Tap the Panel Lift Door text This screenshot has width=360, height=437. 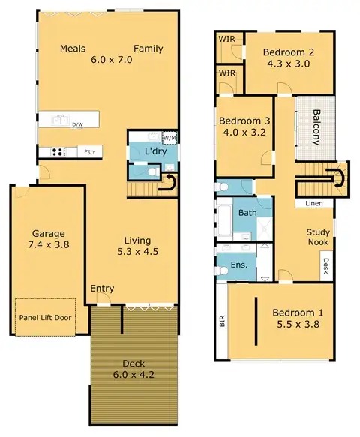point(44,317)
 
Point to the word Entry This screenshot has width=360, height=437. point(102,289)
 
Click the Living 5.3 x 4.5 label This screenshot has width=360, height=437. point(139,246)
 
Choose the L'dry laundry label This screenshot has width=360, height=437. point(154,152)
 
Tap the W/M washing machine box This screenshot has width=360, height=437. point(169,137)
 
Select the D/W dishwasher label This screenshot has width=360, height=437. point(77,125)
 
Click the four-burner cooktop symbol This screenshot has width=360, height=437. point(57,152)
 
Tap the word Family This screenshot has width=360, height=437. point(148,49)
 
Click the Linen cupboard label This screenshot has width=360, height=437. point(314,203)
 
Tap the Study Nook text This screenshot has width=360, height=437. point(319,237)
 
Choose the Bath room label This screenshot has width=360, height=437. point(247,214)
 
